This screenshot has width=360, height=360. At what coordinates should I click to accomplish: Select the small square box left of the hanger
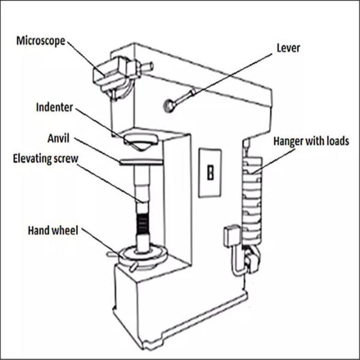point(231,236)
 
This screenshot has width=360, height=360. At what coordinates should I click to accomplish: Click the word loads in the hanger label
point(337,142)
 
